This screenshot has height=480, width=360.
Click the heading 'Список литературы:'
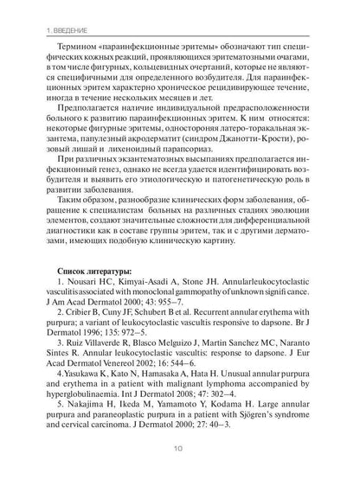coord(81,273)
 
